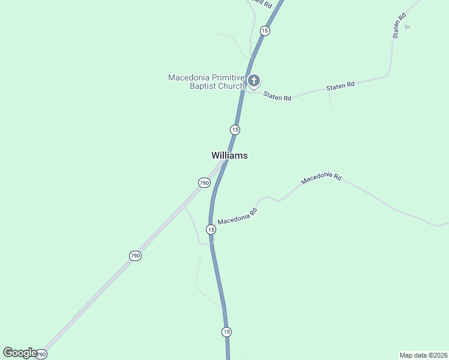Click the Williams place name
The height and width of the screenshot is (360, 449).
229,155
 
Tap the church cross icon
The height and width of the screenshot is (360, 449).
254,81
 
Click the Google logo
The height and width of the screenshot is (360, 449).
19,353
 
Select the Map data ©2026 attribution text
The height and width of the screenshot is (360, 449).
423,355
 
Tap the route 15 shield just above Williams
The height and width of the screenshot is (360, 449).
235,130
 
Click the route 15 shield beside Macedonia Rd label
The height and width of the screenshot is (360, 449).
211,229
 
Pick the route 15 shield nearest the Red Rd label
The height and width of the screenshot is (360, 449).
265,30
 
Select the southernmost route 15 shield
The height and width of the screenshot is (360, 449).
226,332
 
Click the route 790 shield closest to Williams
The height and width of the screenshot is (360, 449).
204,182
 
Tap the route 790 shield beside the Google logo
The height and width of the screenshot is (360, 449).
41,355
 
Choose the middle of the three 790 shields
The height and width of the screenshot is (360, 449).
135,256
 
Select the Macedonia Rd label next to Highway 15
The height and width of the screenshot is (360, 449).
238,216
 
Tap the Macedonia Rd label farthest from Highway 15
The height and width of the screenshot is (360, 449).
321,178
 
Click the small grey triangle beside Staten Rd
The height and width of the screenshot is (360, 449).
408,27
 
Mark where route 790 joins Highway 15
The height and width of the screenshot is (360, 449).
226,161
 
